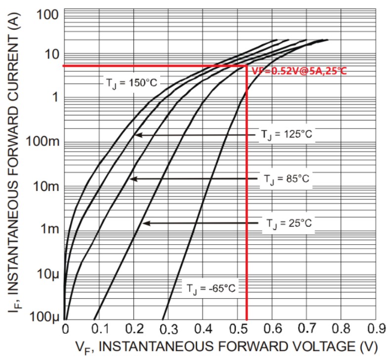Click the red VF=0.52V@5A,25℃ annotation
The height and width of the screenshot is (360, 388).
pos(299,71)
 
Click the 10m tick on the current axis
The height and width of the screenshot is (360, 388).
pos(46,186)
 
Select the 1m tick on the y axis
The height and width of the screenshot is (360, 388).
pos(50,229)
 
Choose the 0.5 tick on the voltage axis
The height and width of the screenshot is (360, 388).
pos(238,328)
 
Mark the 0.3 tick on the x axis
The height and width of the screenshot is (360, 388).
pos(169,328)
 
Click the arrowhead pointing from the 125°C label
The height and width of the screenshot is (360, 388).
pos(137,134)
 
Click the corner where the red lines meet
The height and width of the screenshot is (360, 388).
pos(247,66)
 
